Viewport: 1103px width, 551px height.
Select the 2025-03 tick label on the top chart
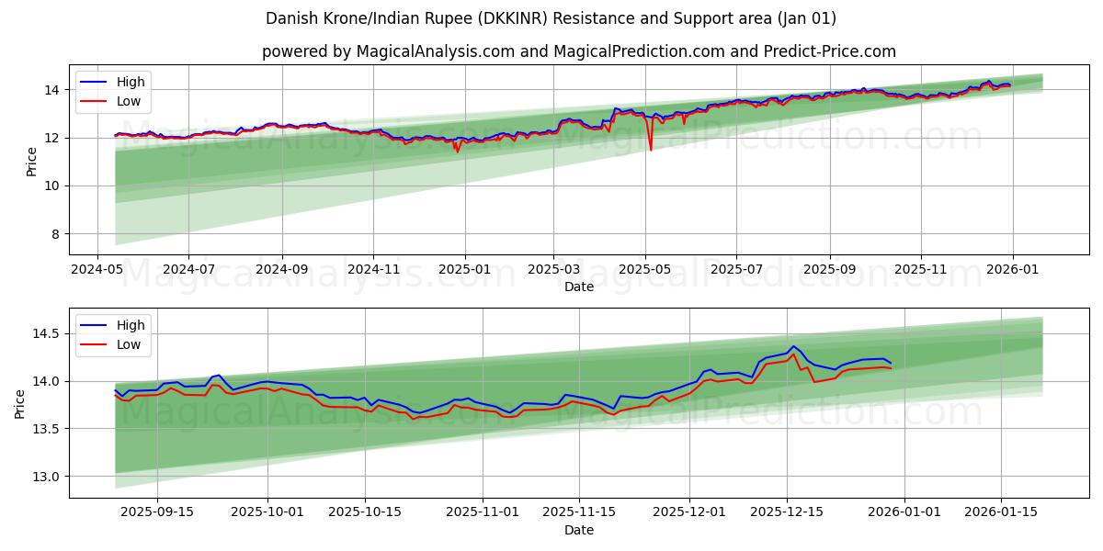click(x=553, y=270)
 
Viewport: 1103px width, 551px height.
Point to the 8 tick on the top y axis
click(x=56, y=234)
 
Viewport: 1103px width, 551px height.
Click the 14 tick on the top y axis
click(x=52, y=90)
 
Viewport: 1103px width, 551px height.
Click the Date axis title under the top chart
click(x=579, y=287)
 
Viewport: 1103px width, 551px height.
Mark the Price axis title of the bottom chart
click(x=20, y=403)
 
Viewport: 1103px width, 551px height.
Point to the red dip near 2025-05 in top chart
click(x=651, y=150)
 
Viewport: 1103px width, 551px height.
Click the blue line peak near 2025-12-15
click(x=793, y=346)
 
